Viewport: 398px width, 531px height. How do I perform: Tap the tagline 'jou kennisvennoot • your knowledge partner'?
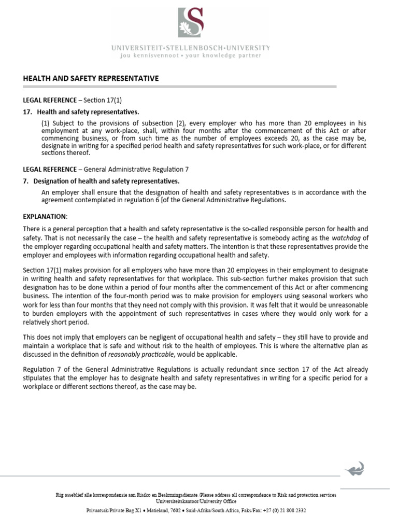190,55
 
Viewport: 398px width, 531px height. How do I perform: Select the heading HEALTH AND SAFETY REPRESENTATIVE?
91,78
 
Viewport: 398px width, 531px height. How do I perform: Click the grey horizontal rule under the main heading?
180,87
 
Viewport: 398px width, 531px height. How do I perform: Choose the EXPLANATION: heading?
45,216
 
